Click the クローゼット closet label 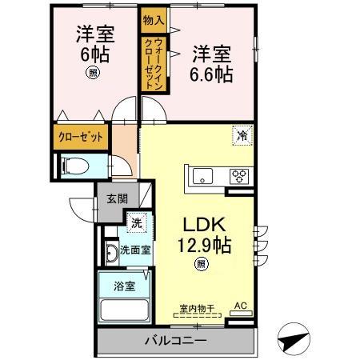81,137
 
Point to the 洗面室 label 135,250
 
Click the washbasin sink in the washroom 110,255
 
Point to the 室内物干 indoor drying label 196,306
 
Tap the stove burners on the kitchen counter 239,175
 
